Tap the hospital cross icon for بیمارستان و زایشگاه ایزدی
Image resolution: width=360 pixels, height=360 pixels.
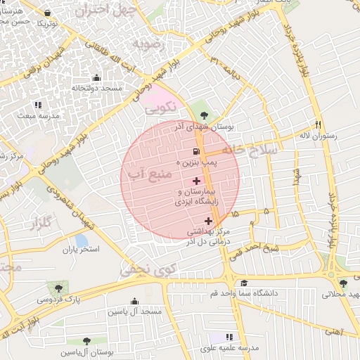coord(195,181)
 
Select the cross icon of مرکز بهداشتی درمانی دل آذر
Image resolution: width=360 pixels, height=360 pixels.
coord(208,221)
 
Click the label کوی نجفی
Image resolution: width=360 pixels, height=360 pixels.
coord(146,269)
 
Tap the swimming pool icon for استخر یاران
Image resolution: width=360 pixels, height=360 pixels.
coord(82,239)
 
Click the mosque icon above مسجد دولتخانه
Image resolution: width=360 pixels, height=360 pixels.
coord(96,78)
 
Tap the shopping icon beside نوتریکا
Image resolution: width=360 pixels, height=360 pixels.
coord(47,13)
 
